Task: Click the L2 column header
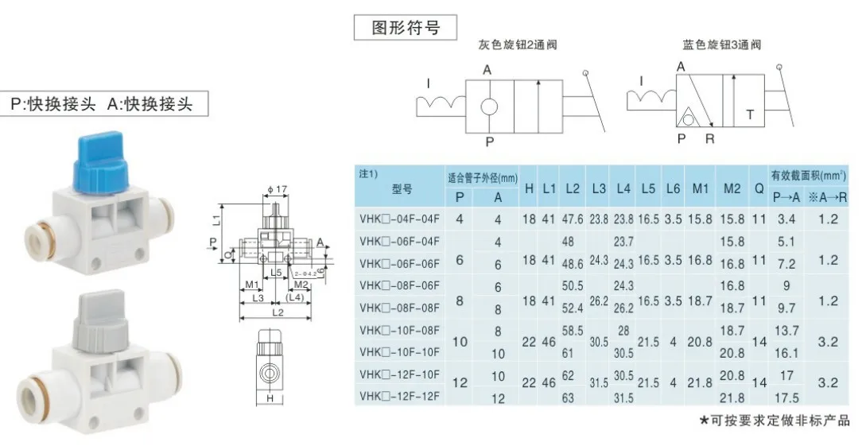572,189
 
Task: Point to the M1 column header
700,189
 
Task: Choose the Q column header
758,189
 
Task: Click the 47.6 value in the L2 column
572,219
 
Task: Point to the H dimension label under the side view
270,398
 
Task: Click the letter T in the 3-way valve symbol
750,114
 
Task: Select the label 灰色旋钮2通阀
518,45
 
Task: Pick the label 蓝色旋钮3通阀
721,45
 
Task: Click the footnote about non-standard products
774,420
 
